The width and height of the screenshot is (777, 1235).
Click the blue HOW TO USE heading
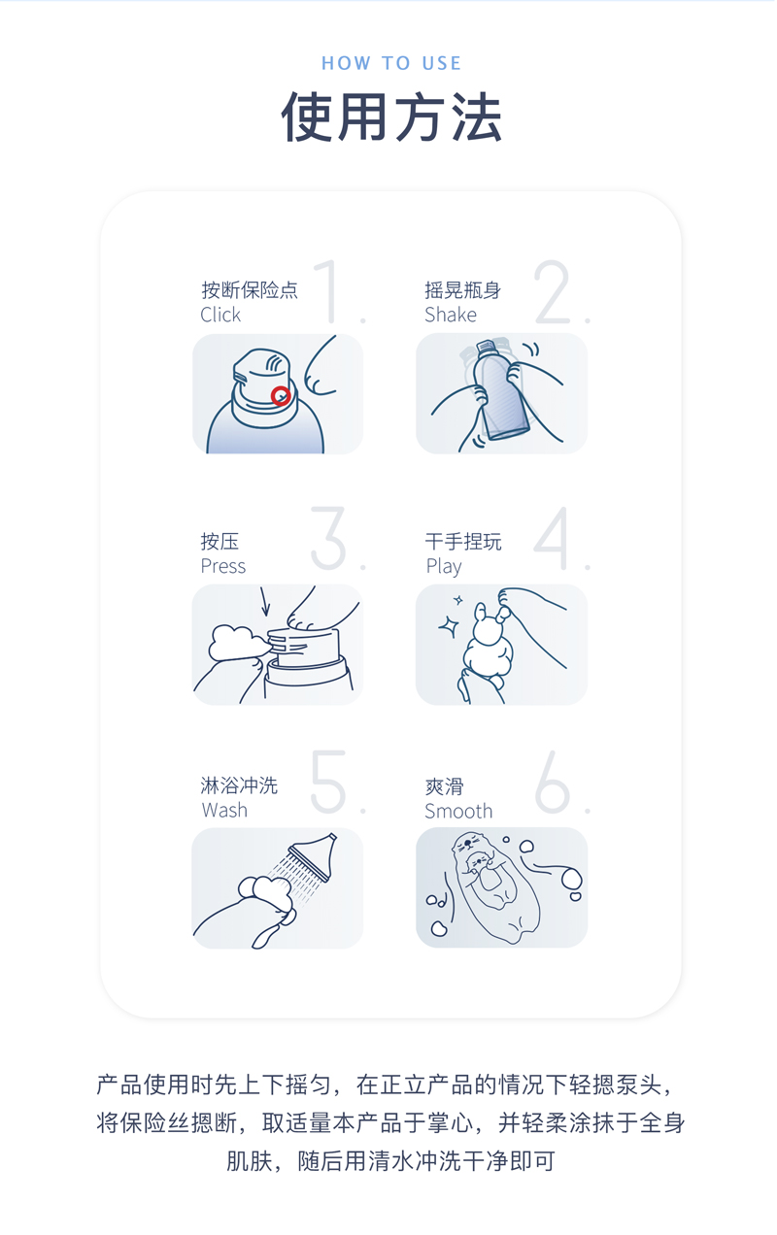point(391,63)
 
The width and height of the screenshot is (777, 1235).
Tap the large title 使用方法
point(391,117)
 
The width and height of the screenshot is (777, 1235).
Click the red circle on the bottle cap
point(281,395)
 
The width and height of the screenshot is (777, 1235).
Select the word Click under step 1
point(220,315)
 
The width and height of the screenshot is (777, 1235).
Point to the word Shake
point(451,315)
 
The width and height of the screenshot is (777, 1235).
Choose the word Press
point(223,566)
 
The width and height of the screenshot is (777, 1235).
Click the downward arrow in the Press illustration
point(265,601)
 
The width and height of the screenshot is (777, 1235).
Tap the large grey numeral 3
point(328,538)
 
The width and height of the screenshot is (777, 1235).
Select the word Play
point(444,567)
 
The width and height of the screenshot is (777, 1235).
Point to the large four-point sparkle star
point(449,626)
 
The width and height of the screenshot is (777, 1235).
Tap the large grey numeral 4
point(552,538)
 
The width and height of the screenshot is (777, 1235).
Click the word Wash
point(224,810)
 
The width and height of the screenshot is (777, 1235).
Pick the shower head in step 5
point(315,856)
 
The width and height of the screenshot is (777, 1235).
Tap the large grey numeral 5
point(329,782)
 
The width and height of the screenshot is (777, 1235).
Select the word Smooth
point(458,811)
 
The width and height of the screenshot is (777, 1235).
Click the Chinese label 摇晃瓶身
point(462,290)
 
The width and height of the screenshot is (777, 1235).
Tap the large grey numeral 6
point(553,782)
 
